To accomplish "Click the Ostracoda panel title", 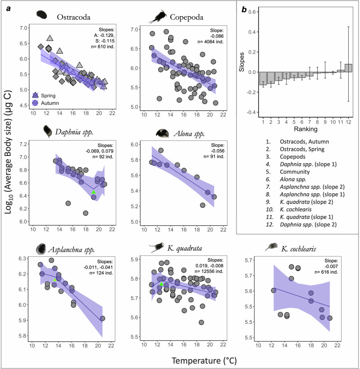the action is click(x=73, y=17).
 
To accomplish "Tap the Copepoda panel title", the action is click(x=187, y=17).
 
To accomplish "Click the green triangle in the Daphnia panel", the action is click(x=94, y=192).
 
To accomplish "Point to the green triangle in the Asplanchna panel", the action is click(x=55, y=280).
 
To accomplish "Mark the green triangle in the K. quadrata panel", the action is click(x=161, y=284).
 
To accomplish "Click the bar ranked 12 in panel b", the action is click(x=348, y=68).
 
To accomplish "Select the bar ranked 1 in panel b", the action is click(x=263, y=78).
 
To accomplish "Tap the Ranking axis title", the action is click(x=305, y=129).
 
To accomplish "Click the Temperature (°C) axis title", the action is click(x=204, y=360).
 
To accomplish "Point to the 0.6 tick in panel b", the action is click(x=253, y=12).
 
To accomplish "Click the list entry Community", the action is click(x=295, y=172).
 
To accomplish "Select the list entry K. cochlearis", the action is click(x=296, y=210).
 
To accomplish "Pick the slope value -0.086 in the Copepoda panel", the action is click(x=217, y=36).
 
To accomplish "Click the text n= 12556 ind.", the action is click(x=209, y=271).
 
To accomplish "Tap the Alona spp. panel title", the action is click(x=189, y=134).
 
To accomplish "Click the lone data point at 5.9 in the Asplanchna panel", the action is click(x=102, y=319).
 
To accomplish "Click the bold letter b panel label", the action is click(x=244, y=9).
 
